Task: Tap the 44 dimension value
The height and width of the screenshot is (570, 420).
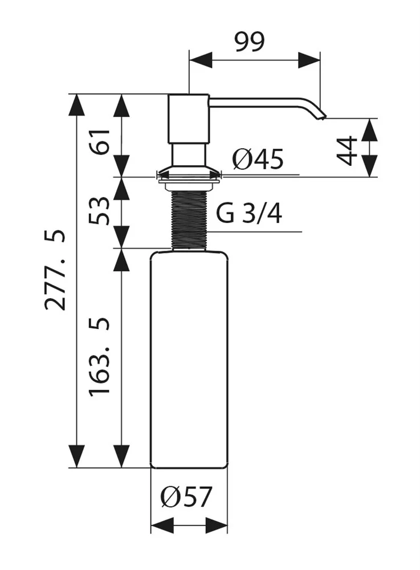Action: pyautogui.click(x=348, y=150)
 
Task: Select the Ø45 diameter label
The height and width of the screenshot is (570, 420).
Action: pyautogui.click(x=258, y=160)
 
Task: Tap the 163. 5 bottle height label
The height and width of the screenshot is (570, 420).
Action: pyautogui.click(x=99, y=357)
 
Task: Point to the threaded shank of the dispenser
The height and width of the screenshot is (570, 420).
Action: pyautogui.click(x=188, y=219)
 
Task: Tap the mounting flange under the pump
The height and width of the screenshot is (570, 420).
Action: pyautogui.click(x=188, y=173)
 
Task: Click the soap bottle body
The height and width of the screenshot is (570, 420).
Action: pyautogui.click(x=188, y=359)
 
